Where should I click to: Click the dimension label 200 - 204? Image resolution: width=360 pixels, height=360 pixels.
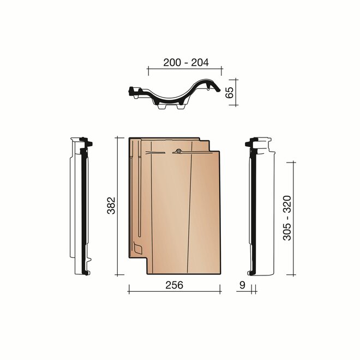[x=186, y=62]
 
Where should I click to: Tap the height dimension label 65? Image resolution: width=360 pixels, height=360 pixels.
[x=229, y=92]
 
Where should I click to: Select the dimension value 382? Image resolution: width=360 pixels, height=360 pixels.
[x=111, y=206]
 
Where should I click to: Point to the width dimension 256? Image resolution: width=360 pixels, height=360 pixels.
[x=174, y=285]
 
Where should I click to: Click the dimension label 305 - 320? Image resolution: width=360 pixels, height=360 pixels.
[x=287, y=218]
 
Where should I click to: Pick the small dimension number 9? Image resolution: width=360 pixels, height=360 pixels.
[x=242, y=285]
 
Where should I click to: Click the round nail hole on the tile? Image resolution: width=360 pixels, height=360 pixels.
[x=178, y=151]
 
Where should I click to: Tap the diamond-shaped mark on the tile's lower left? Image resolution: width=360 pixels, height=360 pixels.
[x=138, y=248]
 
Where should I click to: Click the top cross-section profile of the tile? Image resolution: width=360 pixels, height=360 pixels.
[x=175, y=95]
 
